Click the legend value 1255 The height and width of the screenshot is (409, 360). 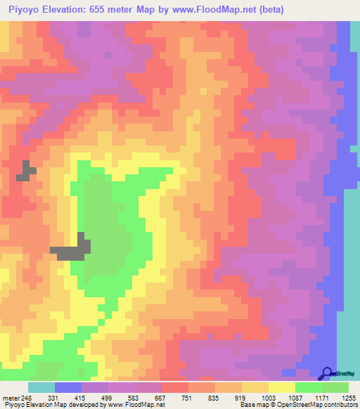[x=349, y=397]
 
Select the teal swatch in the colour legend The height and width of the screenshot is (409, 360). [x=41, y=387]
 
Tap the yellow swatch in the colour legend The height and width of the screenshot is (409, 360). [x=282, y=387]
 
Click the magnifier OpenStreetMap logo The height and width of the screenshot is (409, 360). [x=328, y=373]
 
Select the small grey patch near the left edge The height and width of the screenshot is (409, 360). [x=27, y=171]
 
